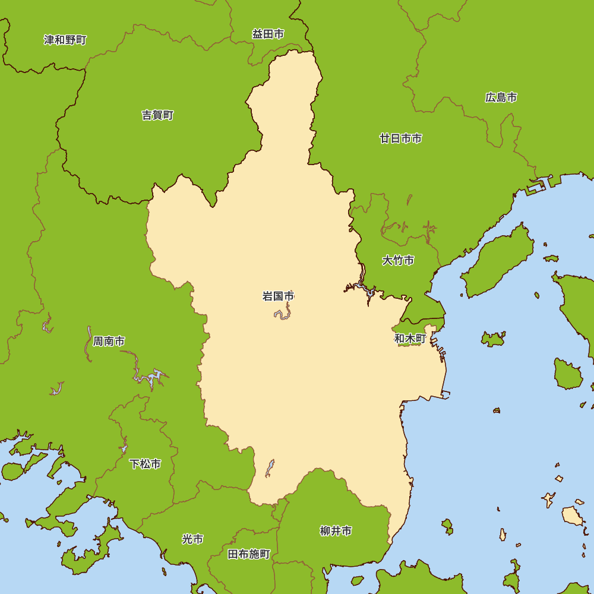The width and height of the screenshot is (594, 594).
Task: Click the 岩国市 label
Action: (x=278, y=296)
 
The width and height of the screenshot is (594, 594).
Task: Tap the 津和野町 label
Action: (x=65, y=40)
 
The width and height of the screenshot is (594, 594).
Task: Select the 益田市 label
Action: (x=268, y=34)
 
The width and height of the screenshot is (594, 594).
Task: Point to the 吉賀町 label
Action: (x=157, y=115)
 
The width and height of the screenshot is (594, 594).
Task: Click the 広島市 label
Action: (x=501, y=97)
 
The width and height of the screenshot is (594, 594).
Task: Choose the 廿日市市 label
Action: (x=401, y=138)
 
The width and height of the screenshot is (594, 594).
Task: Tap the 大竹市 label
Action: (x=398, y=260)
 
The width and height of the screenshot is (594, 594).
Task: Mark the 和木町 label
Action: (x=410, y=339)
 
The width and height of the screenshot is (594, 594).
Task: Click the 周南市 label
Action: (x=109, y=342)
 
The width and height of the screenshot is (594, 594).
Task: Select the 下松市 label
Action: (x=145, y=464)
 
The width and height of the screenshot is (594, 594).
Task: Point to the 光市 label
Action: (x=192, y=539)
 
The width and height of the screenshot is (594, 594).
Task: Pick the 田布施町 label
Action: (x=249, y=554)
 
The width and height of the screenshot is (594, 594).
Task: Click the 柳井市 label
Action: (x=336, y=531)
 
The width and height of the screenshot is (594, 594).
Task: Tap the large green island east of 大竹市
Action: (x=499, y=261)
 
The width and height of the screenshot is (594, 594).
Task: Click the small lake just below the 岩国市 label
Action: (x=283, y=313)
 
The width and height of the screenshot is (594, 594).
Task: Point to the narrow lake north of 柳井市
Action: (x=270, y=467)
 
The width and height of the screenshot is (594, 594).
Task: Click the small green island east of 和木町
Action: (x=493, y=339)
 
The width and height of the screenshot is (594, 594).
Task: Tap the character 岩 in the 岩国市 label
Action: (x=267, y=296)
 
